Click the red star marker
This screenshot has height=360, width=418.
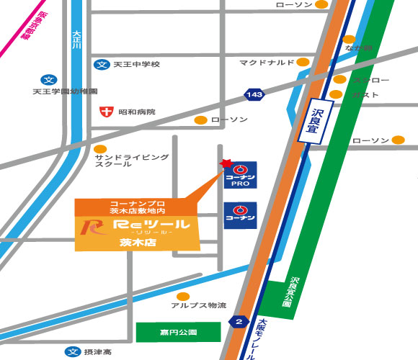tap(225, 164)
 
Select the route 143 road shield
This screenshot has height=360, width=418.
tap(253, 94)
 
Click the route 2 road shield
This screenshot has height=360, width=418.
tap(239, 320)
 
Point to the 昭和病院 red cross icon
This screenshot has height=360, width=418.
tap(106, 112)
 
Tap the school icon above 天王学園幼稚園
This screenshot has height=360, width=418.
tap(48, 80)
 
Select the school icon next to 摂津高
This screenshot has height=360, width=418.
tap(71, 352)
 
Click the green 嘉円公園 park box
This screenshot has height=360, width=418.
tap(179, 333)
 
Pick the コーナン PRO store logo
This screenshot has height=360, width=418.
tap(240, 175)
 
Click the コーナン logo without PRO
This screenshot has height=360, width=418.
tap(240, 214)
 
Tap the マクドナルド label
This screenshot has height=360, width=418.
tap(267, 63)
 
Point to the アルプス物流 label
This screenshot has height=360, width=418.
tap(198, 305)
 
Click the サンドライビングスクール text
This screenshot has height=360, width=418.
tap(131, 160)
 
